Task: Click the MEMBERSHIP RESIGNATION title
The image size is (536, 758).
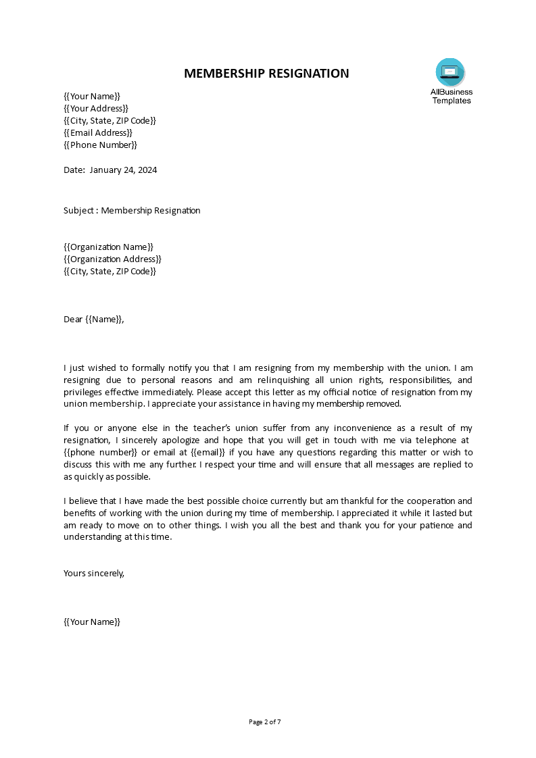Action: point(266,74)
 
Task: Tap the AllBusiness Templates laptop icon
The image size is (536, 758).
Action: point(450,71)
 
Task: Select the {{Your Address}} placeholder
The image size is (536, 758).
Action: point(95,108)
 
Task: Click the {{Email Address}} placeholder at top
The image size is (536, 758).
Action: point(98,132)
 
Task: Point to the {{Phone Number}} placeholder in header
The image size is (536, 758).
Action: point(100,145)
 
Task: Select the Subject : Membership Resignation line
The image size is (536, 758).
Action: point(132,210)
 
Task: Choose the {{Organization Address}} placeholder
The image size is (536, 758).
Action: point(112,259)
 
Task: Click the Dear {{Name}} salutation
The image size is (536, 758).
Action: point(94,319)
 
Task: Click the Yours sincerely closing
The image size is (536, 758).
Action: point(94,573)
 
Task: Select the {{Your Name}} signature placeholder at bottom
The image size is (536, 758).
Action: point(91,622)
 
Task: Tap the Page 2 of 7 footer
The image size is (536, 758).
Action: point(265,722)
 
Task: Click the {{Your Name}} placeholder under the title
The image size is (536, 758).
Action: point(91,96)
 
